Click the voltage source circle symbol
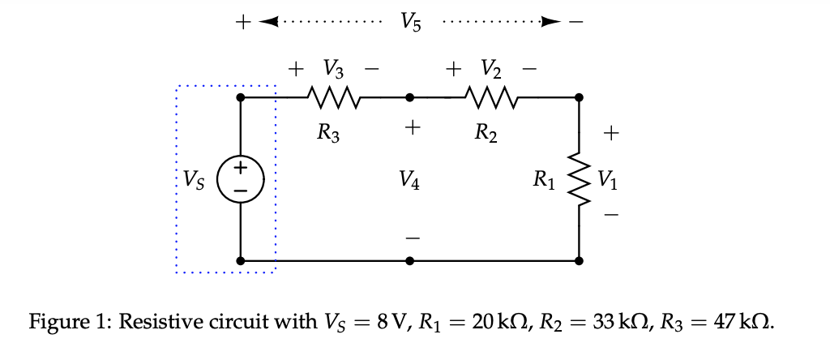241,178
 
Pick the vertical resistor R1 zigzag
579,179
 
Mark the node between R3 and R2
410,98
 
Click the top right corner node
579,98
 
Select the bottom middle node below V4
410,261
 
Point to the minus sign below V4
412,238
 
